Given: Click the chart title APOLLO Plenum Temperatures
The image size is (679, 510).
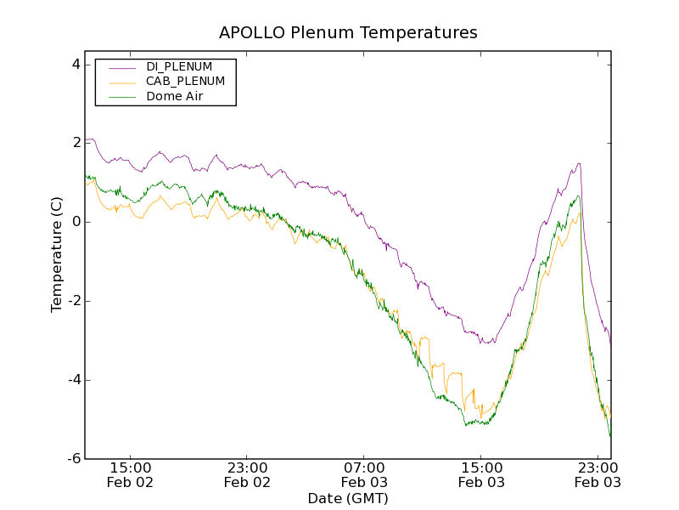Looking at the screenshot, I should pyautogui.click(x=348, y=33).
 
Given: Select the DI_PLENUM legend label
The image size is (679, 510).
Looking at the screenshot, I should pyautogui.click(x=179, y=66).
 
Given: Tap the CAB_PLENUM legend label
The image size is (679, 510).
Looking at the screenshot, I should pyautogui.click(x=185, y=82).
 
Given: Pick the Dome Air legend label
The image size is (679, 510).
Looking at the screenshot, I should pyautogui.click(x=175, y=97).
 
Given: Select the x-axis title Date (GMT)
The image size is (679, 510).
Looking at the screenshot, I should pyautogui.click(x=348, y=498).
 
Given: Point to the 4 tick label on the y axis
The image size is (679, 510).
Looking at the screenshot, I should pyautogui.click(x=76, y=64).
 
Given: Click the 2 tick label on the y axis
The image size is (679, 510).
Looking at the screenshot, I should pyautogui.click(x=76, y=143).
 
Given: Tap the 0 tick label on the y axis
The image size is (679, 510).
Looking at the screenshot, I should pyautogui.click(x=76, y=222).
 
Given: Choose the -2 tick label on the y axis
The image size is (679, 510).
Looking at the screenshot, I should pyautogui.click(x=73, y=301).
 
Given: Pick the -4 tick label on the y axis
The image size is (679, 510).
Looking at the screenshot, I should pyautogui.click(x=73, y=380).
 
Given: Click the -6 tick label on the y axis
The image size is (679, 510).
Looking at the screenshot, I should pyautogui.click(x=73, y=459).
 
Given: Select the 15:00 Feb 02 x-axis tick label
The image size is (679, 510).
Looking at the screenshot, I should pyautogui.click(x=131, y=474).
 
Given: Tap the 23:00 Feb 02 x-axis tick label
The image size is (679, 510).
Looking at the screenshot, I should pyautogui.click(x=248, y=474).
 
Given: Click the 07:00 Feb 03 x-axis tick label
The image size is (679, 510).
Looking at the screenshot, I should pyautogui.click(x=365, y=474).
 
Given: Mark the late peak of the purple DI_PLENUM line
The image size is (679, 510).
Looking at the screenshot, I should pyautogui.click(x=579, y=164).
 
